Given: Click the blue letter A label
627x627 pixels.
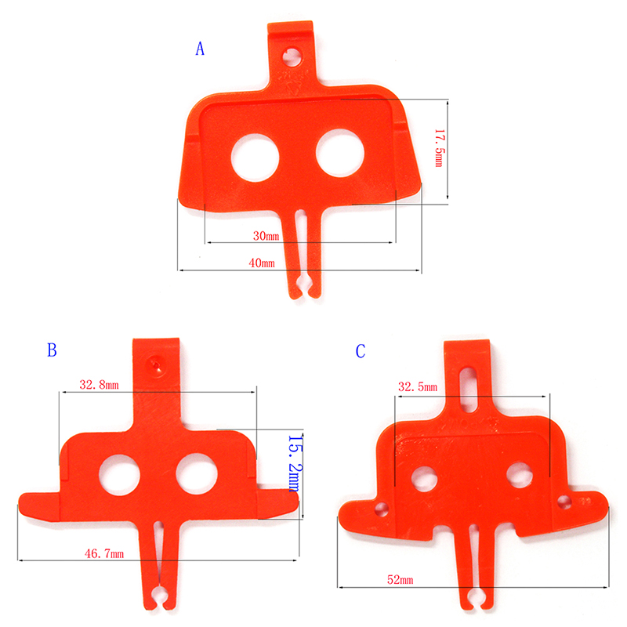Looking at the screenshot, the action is tap(200, 49).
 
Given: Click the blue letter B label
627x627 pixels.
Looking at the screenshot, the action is tap(52, 350).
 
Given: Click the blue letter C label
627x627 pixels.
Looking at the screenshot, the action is tap(361, 351).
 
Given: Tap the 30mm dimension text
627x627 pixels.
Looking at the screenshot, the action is tap(266, 236).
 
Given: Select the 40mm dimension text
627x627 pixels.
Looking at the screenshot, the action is tap(262, 263).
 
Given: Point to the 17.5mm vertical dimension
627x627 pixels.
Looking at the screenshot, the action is tap(439, 148).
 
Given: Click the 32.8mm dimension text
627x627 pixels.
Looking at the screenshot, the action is tap(100, 385).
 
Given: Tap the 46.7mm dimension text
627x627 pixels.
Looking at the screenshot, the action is tap(104, 553).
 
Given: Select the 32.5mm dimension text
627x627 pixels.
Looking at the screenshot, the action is tap(418, 386).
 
